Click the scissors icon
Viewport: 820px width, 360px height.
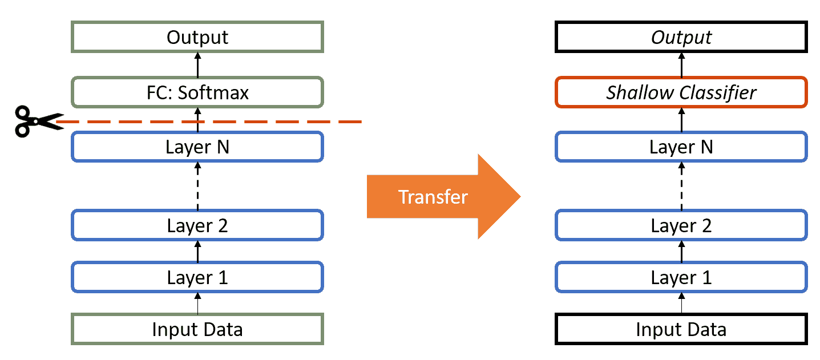[x=38, y=121]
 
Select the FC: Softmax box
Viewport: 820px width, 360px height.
[x=197, y=92]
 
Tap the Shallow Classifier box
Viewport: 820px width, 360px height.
[x=681, y=92]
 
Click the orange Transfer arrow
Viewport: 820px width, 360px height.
[x=444, y=196]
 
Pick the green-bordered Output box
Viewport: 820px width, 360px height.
[x=197, y=37]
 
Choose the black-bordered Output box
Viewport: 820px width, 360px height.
[x=681, y=37]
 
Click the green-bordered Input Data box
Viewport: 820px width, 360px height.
[x=197, y=329]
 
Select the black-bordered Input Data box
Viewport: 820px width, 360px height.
[x=681, y=329]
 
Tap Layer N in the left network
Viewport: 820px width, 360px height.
[x=197, y=147]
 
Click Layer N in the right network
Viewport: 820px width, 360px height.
[x=681, y=147]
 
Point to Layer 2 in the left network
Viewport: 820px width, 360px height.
[x=197, y=225]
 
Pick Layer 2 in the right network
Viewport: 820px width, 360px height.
[x=681, y=225]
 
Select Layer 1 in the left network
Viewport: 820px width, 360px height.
[x=197, y=277]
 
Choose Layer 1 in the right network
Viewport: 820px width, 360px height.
[x=681, y=277]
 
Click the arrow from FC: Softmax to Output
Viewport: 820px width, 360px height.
[x=197, y=65]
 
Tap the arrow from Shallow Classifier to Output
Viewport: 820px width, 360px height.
[x=681, y=65]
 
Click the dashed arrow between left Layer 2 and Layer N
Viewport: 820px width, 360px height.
[x=197, y=186]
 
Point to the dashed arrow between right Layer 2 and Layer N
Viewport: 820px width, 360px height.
[x=681, y=186]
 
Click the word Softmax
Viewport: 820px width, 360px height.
[x=213, y=92]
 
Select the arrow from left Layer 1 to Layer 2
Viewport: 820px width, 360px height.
[x=197, y=252]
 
